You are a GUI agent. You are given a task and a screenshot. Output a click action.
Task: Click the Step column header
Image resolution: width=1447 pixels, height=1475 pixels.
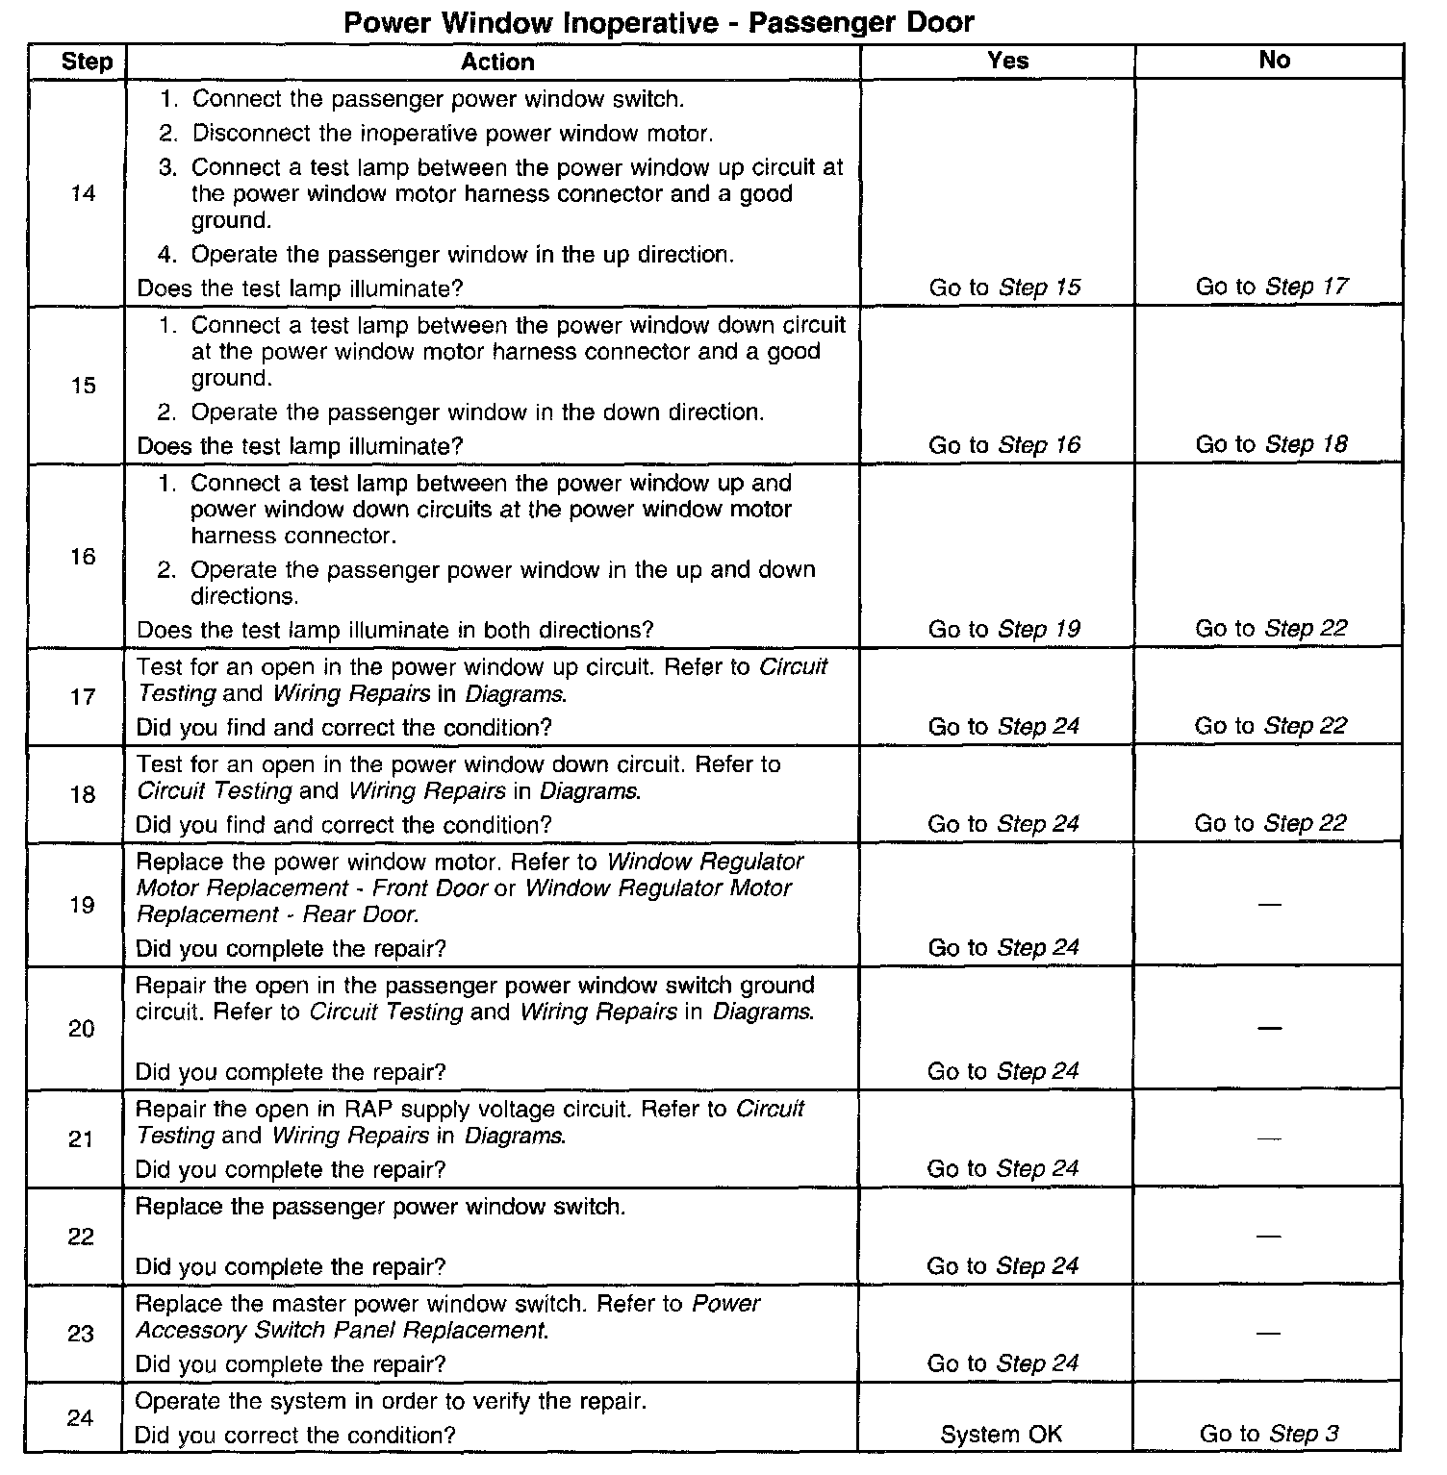point(87,62)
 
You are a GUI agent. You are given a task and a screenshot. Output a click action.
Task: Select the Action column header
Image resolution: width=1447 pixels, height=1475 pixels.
point(496,62)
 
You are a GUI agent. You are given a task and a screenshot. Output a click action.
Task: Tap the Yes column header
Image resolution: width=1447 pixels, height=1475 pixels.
point(1007,61)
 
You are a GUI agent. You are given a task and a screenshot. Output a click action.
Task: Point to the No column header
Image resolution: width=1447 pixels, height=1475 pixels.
point(1274,61)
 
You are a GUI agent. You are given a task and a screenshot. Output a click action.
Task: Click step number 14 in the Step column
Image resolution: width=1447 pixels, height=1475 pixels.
point(84,194)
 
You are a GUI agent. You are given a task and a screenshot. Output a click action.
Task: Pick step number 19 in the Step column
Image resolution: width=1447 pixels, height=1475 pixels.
point(82,906)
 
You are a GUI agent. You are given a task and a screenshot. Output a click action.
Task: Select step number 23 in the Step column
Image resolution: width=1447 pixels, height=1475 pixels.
point(81,1334)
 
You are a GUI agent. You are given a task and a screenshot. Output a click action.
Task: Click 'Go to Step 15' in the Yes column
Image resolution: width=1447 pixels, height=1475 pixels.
point(1004,287)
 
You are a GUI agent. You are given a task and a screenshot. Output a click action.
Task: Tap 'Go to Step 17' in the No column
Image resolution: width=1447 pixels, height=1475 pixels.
point(1272,287)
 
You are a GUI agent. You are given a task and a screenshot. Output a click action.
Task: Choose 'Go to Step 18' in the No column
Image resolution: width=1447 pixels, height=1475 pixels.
point(1271,444)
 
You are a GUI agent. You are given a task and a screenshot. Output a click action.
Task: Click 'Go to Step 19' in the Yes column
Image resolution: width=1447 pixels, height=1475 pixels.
point(1003,630)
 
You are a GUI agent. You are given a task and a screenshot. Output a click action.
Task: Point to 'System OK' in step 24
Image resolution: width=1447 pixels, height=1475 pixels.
point(1001,1436)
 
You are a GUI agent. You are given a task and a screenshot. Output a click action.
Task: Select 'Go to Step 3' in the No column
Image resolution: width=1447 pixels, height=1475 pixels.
point(1268,1435)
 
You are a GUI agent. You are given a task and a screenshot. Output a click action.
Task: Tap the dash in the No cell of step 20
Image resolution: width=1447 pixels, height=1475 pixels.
point(1270,1029)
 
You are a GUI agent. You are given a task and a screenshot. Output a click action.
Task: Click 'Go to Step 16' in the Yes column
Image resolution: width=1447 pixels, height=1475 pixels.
point(1003,445)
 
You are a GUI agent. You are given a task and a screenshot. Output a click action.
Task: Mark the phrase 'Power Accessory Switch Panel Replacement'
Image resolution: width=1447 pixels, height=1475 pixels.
point(447,1318)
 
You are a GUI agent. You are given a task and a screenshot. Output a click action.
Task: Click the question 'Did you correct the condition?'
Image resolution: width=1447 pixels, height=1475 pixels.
point(294,1436)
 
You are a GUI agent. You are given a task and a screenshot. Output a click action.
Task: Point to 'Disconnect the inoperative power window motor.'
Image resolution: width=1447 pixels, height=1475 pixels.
point(452,134)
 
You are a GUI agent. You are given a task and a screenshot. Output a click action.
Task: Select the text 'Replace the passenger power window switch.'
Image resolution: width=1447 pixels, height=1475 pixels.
point(380,1208)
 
